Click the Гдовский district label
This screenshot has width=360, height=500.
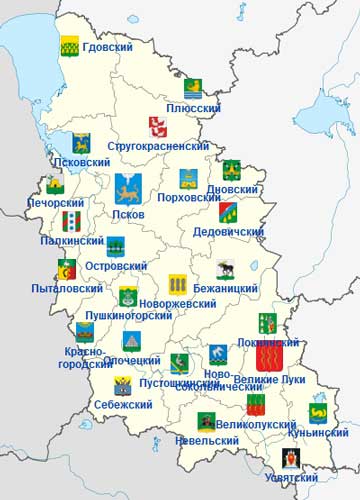(x=108, y=48)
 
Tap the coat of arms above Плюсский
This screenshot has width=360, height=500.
(x=193, y=88)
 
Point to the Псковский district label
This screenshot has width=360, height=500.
(x=81, y=161)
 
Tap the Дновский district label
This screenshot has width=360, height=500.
(x=232, y=189)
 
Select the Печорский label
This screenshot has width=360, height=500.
(x=53, y=202)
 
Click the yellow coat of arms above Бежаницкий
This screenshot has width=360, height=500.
(x=178, y=283)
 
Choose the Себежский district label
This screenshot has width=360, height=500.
(x=123, y=404)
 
